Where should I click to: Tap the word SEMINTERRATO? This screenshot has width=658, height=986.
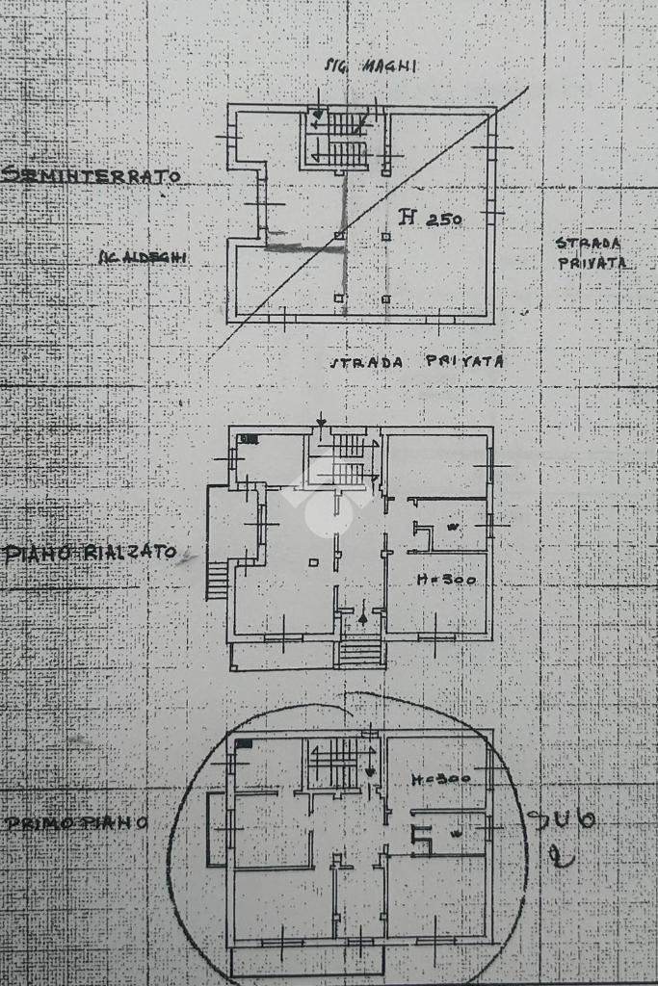coord(92,176)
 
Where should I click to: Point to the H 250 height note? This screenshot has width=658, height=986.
coord(431,219)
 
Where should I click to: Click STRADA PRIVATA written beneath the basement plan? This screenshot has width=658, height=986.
coord(417,362)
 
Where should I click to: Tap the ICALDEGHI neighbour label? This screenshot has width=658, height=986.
coord(143,256)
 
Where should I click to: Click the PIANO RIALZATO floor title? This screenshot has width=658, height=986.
coord(92,553)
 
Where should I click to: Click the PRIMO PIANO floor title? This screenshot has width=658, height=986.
coord(76,823)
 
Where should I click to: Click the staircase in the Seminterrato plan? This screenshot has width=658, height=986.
coord(337,140)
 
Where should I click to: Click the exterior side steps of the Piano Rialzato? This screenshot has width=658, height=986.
coord(218,580)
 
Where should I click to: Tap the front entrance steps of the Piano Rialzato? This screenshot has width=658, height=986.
coord(360,652)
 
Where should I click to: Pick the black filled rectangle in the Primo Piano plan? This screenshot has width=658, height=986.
coord(245,743)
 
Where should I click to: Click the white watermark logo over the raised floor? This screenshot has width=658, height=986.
coord(329,497)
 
